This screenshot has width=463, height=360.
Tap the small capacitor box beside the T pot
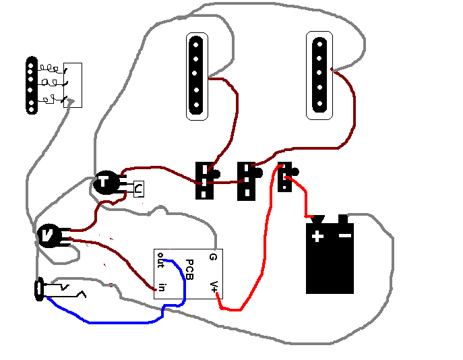(137, 189)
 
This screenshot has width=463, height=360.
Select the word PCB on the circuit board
(189, 270)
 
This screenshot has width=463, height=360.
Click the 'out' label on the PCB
(162, 259)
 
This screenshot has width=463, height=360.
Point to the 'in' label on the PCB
(162, 288)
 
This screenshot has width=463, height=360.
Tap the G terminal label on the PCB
(213, 256)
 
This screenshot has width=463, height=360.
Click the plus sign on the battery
(317, 235)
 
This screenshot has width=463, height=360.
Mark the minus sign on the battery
(344, 235)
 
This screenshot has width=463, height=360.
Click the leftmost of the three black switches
(205, 180)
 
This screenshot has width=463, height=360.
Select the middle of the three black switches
(247, 180)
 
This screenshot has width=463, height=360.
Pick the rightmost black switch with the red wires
(285, 177)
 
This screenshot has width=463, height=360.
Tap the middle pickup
(196, 76)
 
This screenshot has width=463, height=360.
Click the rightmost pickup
(319, 75)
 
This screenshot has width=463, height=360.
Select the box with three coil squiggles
(71, 85)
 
